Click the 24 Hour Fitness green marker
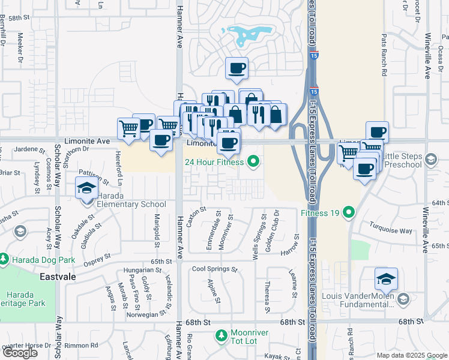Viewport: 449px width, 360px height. (253, 161)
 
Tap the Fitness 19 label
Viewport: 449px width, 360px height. (319, 213)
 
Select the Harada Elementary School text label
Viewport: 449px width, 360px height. (128, 204)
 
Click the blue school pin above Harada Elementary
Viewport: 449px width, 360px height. (86, 188)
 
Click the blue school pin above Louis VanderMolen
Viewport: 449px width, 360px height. (386, 278)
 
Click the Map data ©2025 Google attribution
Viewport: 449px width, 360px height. (411, 355)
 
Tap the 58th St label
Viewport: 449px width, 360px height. (19, 19)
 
